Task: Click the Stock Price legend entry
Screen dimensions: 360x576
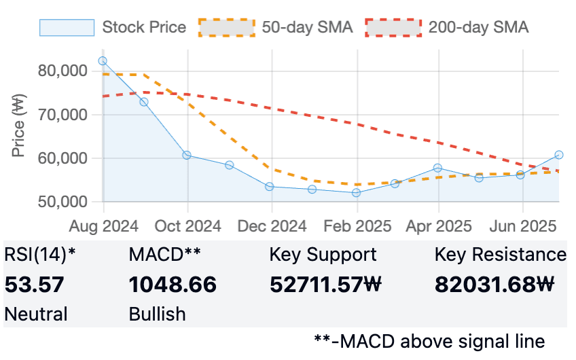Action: point(113,27)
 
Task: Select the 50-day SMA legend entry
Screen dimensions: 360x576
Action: point(276,27)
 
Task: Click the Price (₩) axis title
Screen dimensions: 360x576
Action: point(18,126)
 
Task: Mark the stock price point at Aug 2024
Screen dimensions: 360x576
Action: point(103,60)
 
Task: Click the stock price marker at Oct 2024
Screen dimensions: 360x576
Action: point(187,155)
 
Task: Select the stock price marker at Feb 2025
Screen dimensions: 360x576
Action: point(356,193)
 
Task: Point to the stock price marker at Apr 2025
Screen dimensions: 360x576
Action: point(437,168)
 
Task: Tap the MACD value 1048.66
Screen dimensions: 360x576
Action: point(173,285)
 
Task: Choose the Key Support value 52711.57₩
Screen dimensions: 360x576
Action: point(326,285)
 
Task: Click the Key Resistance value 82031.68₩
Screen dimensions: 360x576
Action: point(494,285)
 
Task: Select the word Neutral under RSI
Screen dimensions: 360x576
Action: point(36,314)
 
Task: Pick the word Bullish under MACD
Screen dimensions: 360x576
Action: point(157,314)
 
